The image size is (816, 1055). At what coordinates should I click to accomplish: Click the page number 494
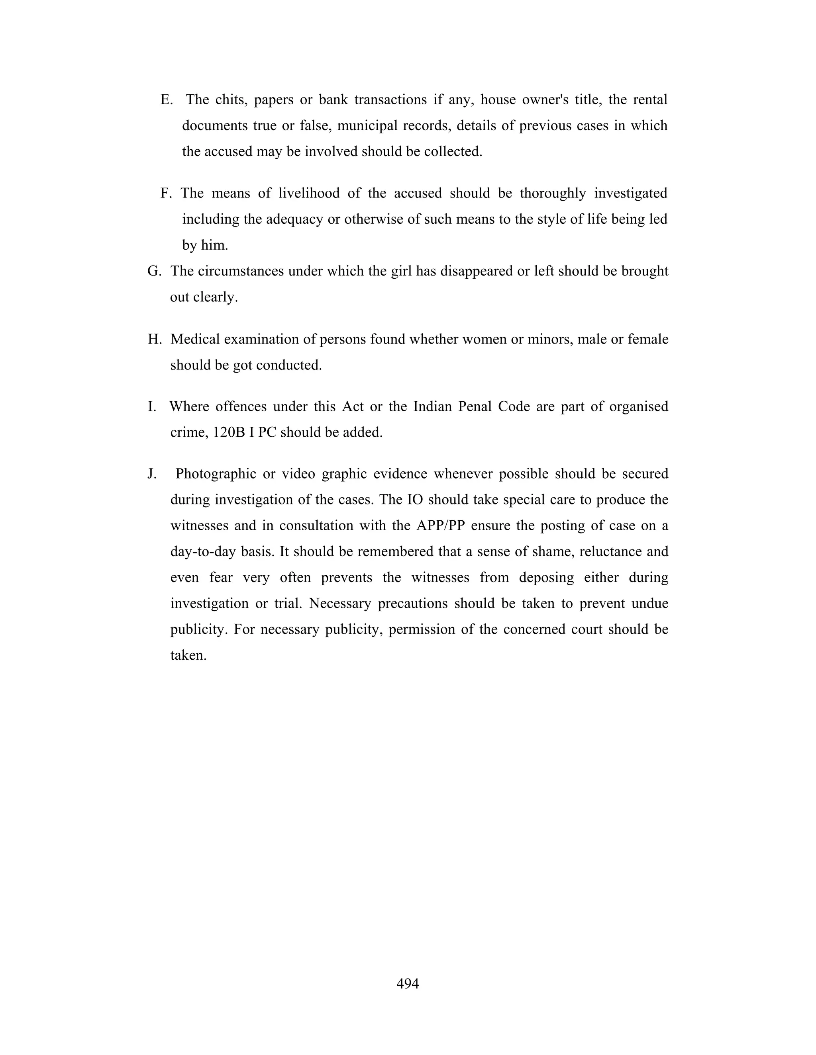[408, 983]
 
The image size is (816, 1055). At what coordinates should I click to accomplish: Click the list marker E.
[166, 100]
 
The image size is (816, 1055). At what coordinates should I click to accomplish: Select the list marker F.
[166, 193]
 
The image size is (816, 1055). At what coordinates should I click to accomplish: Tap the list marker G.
[154, 271]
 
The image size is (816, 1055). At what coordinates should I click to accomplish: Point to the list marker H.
[154, 339]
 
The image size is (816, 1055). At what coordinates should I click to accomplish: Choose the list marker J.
[152, 474]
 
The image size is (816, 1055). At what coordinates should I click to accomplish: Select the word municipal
[367, 125]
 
